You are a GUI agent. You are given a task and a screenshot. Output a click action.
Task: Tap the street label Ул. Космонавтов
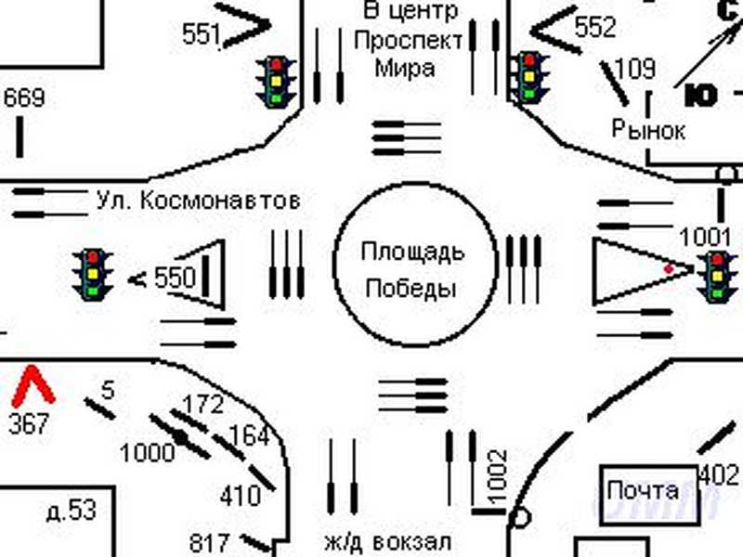pyautogui.click(x=199, y=200)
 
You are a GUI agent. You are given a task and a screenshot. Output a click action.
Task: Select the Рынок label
pyautogui.click(x=648, y=130)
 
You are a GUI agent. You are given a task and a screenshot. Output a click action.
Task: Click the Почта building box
pyautogui.click(x=642, y=490)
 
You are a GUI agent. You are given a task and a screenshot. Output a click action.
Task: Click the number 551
pyautogui.click(x=201, y=35)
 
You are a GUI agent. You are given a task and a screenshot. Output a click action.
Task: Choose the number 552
pyautogui.click(x=595, y=28)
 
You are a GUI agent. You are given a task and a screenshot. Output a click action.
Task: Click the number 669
pyautogui.click(x=24, y=97)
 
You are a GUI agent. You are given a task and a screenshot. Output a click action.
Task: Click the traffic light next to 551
pyautogui.click(x=276, y=81)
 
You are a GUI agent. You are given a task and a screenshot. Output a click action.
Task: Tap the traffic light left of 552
pyautogui.click(x=529, y=76)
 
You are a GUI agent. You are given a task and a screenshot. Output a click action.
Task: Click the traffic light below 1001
pyautogui.click(x=717, y=277)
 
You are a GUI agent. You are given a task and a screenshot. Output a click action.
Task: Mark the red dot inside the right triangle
pyautogui.click(x=669, y=268)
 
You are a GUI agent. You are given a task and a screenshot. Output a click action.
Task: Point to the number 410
pyautogui.click(x=240, y=496)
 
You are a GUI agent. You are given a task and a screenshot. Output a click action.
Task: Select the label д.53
pyautogui.click(x=71, y=510)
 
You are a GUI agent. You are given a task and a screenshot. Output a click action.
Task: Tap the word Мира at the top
pyautogui.click(x=404, y=68)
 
